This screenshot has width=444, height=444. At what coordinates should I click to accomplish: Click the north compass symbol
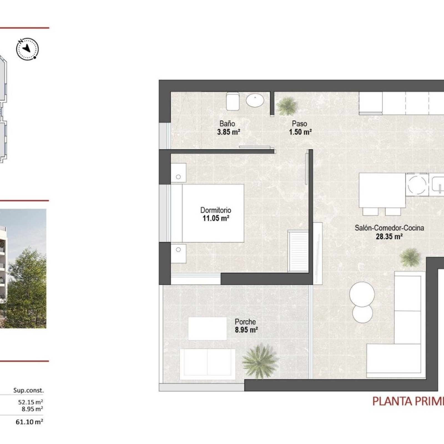click(x=27, y=49)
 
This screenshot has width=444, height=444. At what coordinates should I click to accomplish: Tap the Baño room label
click(x=227, y=123)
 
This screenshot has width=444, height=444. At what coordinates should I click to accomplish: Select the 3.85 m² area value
click(x=228, y=132)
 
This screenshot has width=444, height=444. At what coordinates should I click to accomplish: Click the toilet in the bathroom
click(x=233, y=101)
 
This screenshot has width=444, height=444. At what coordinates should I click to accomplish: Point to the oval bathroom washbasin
click(x=255, y=100)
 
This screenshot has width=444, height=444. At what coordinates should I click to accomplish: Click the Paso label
click(x=299, y=123)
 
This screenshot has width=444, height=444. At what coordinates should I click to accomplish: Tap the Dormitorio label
click(x=216, y=210)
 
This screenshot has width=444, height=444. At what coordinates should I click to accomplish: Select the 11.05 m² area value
click(x=216, y=218)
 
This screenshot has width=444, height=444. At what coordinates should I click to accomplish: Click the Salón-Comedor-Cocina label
click(x=389, y=228)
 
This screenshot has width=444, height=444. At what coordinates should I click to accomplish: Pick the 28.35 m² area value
click(x=389, y=236)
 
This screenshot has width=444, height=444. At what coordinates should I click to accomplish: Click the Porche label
click(x=245, y=322)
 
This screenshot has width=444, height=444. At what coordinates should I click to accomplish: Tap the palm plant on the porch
click(x=260, y=362)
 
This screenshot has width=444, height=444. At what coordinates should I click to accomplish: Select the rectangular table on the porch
click(x=207, y=329)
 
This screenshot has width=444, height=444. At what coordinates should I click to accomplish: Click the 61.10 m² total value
click(x=29, y=422)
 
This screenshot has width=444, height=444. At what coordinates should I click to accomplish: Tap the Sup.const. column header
click(x=29, y=390)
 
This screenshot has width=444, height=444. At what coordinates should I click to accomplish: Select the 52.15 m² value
click(x=31, y=402)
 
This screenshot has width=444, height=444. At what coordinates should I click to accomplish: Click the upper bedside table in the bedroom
click(x=178, y=173)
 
